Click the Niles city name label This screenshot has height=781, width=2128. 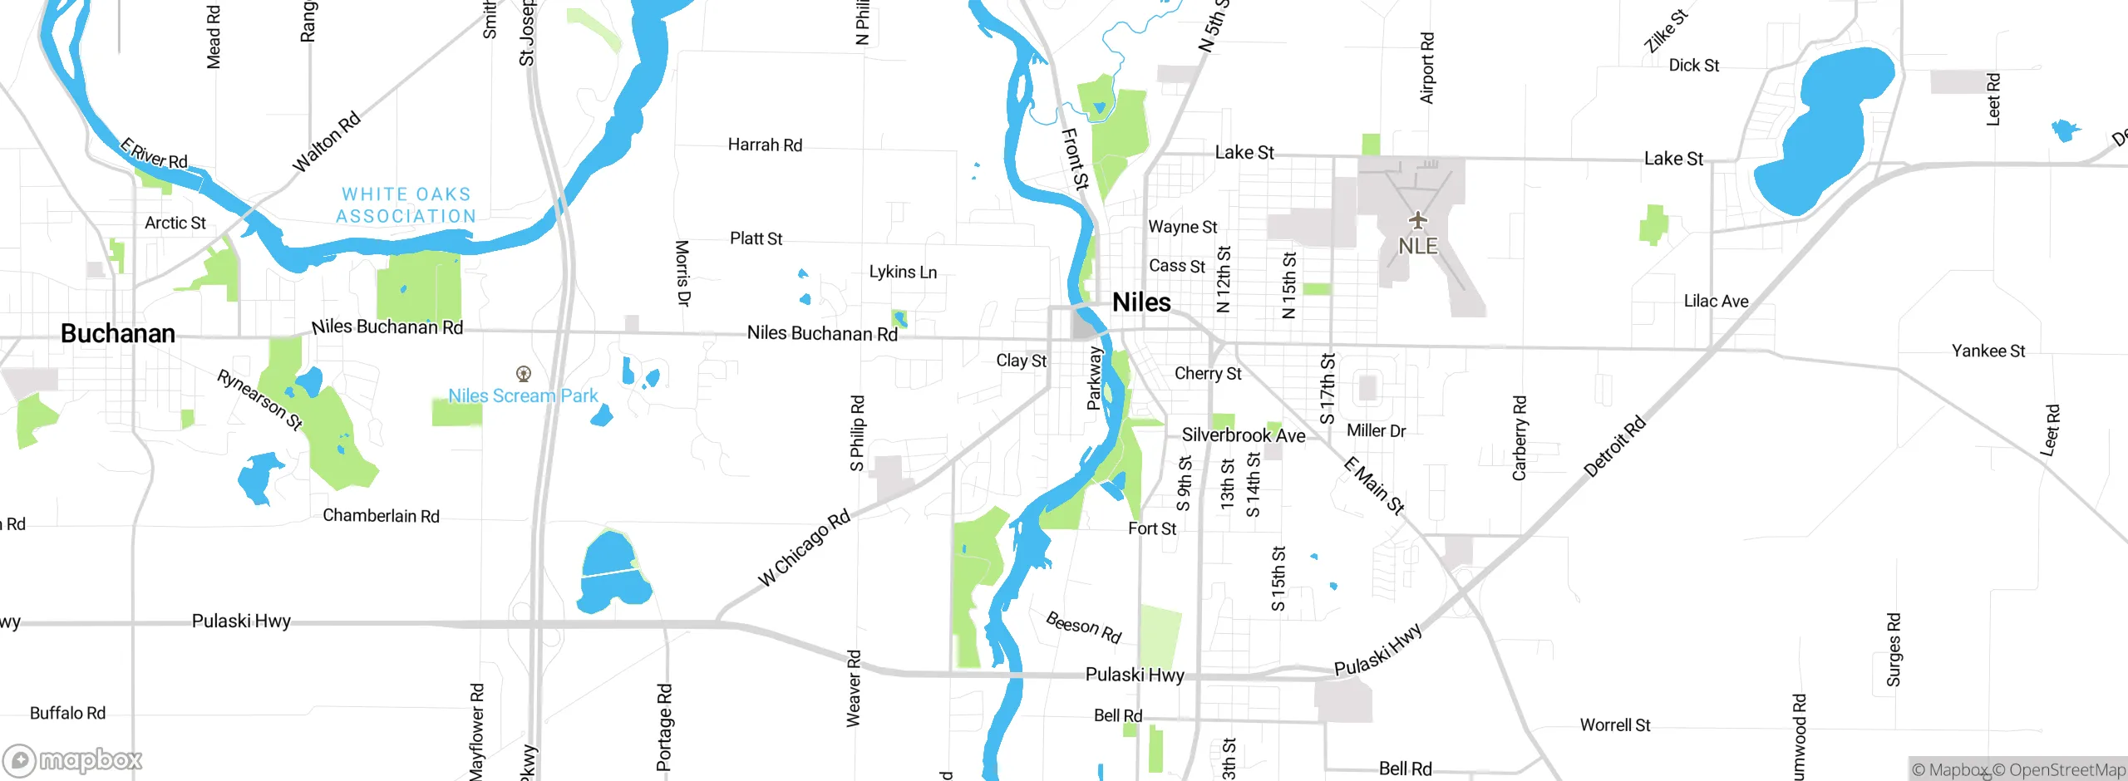point(1141,302)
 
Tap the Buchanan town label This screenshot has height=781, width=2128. point(118,333)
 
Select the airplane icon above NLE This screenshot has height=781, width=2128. point(1417,220)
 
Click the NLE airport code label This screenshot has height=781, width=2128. point(1417,247)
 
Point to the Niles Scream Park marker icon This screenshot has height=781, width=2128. point(524,374)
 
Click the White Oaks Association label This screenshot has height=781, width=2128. point(406,205)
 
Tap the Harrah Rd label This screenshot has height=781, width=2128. point(765,145)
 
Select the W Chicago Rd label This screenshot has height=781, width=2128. point(804,548)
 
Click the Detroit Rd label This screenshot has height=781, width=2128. point(1614,447)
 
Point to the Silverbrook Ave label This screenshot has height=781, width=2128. point(1244,435)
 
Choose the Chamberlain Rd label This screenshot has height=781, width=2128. point(381,516)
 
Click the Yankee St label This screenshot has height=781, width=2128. point(1988,351)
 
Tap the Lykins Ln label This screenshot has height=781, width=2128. point(903,273)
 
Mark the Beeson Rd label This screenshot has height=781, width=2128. point(1083,627)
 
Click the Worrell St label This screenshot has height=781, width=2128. point(1615,725)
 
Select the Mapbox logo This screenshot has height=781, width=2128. point(73,759)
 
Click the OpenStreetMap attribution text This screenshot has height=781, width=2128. point(2058,770)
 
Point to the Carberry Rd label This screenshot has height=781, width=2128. point(1520,438)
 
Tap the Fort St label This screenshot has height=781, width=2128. point(1152,529)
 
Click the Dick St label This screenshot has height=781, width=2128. point(1693,66)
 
